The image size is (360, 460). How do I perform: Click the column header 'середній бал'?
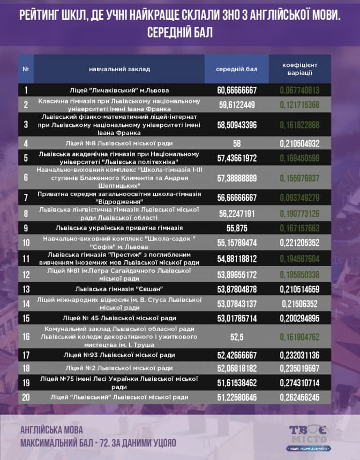pyautogui.click(x=237, y=69)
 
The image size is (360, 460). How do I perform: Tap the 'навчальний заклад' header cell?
pyautogui.click(x=119, y=69)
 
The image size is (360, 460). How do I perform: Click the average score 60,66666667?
pyautogui.click(x=237, y=90)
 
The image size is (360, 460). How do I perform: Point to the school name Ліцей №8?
pyautogui.click(x=119, y=143)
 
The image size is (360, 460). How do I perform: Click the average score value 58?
pyautogui.click(x=237, y=143)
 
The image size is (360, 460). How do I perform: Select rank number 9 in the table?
pyautogui.click(x=26, y=228)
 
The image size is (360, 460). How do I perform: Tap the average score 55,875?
pyautogui.click(x=237, y=228)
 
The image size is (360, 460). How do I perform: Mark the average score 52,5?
pyautogui.click(x=237, y=337)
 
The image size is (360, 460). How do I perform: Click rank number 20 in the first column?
pyautogui.click(x=26, y=397)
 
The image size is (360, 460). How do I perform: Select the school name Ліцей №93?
pyautogui.click(x=119, y=355)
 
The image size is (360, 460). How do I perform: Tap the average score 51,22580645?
pyautogui.click(x=237, y=397)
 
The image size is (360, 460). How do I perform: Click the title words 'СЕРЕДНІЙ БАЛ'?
pyautogui.click(x=180, y=32)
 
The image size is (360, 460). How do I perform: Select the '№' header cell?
pyautogui.click(x=26, y=69)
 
